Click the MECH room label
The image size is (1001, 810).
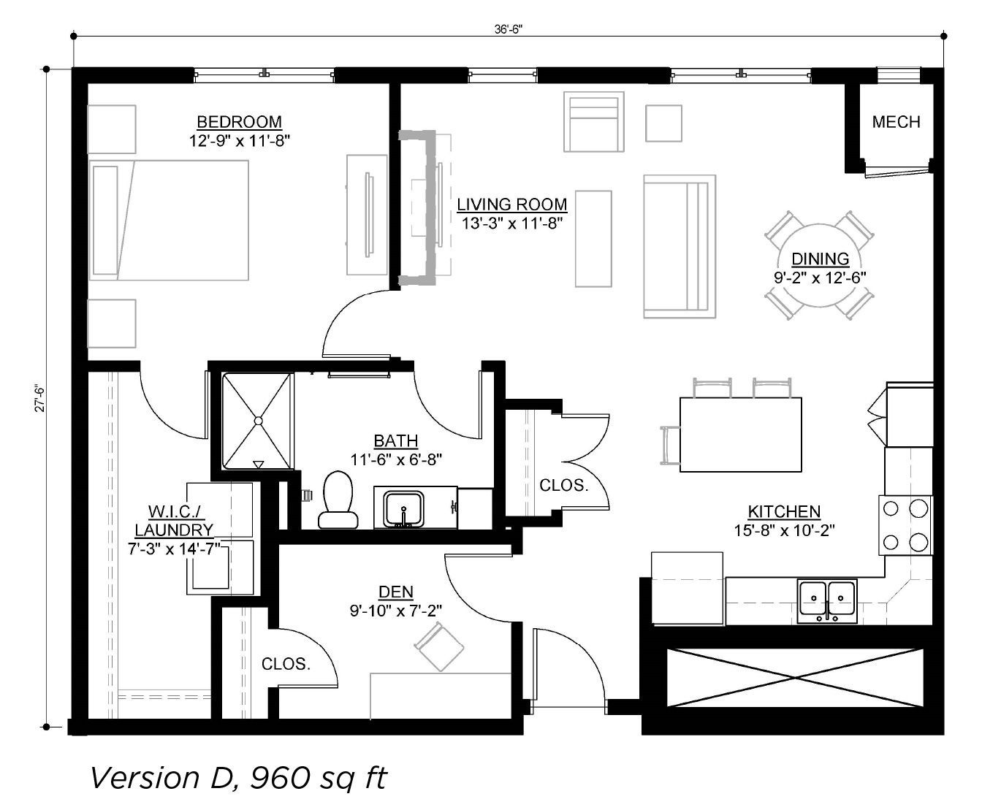895,122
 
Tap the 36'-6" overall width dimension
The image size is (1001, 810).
508,29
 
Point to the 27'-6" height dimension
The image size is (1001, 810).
39,399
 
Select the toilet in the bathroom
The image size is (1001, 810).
338,500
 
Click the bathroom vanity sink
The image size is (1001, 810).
403,509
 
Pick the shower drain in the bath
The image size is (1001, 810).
258,421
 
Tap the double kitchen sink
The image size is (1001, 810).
826,601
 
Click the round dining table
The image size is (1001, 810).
819,265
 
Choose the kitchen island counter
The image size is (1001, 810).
740,434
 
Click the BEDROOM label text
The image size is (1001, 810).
239,122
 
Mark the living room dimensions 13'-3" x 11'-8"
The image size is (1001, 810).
512,223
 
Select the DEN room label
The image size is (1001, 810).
396,592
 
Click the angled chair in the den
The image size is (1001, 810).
439,646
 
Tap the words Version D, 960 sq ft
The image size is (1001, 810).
238,778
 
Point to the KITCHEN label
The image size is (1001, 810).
784,511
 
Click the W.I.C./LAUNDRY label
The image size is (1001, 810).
174,521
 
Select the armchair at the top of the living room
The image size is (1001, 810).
593,122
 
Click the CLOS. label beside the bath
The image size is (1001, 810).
563,485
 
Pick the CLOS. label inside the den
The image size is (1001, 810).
286,664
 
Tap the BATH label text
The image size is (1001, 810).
396,440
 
